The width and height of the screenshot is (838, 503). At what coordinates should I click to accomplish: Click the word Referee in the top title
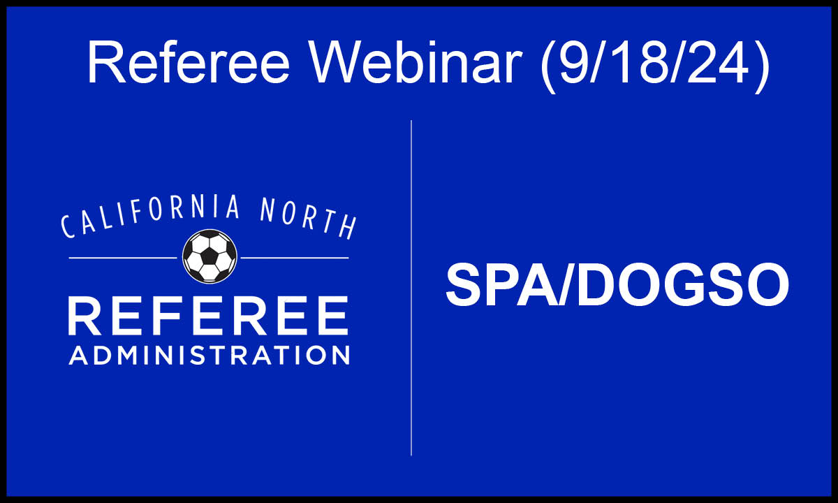[x=189, y=62]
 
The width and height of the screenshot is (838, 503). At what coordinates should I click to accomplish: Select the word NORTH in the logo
[x=307, y=218]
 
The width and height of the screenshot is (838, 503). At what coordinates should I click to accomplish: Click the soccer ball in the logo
[x=209, y=256]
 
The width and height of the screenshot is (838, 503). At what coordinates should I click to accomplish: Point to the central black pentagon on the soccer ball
[x=209, y=256]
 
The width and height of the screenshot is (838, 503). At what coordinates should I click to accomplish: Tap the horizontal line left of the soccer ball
[x=123, y=258]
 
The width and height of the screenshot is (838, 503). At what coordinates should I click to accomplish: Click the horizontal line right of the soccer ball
[x=295, y=258]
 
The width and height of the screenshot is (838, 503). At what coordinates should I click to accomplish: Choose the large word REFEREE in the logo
[x=208, y=316]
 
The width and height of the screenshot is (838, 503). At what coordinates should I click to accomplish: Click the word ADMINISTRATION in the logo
[x=209, y=355]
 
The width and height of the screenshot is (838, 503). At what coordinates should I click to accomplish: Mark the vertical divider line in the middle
[x=411, y=288]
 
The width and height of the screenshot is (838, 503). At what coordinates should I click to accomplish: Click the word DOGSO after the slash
[x=682, y=284]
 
